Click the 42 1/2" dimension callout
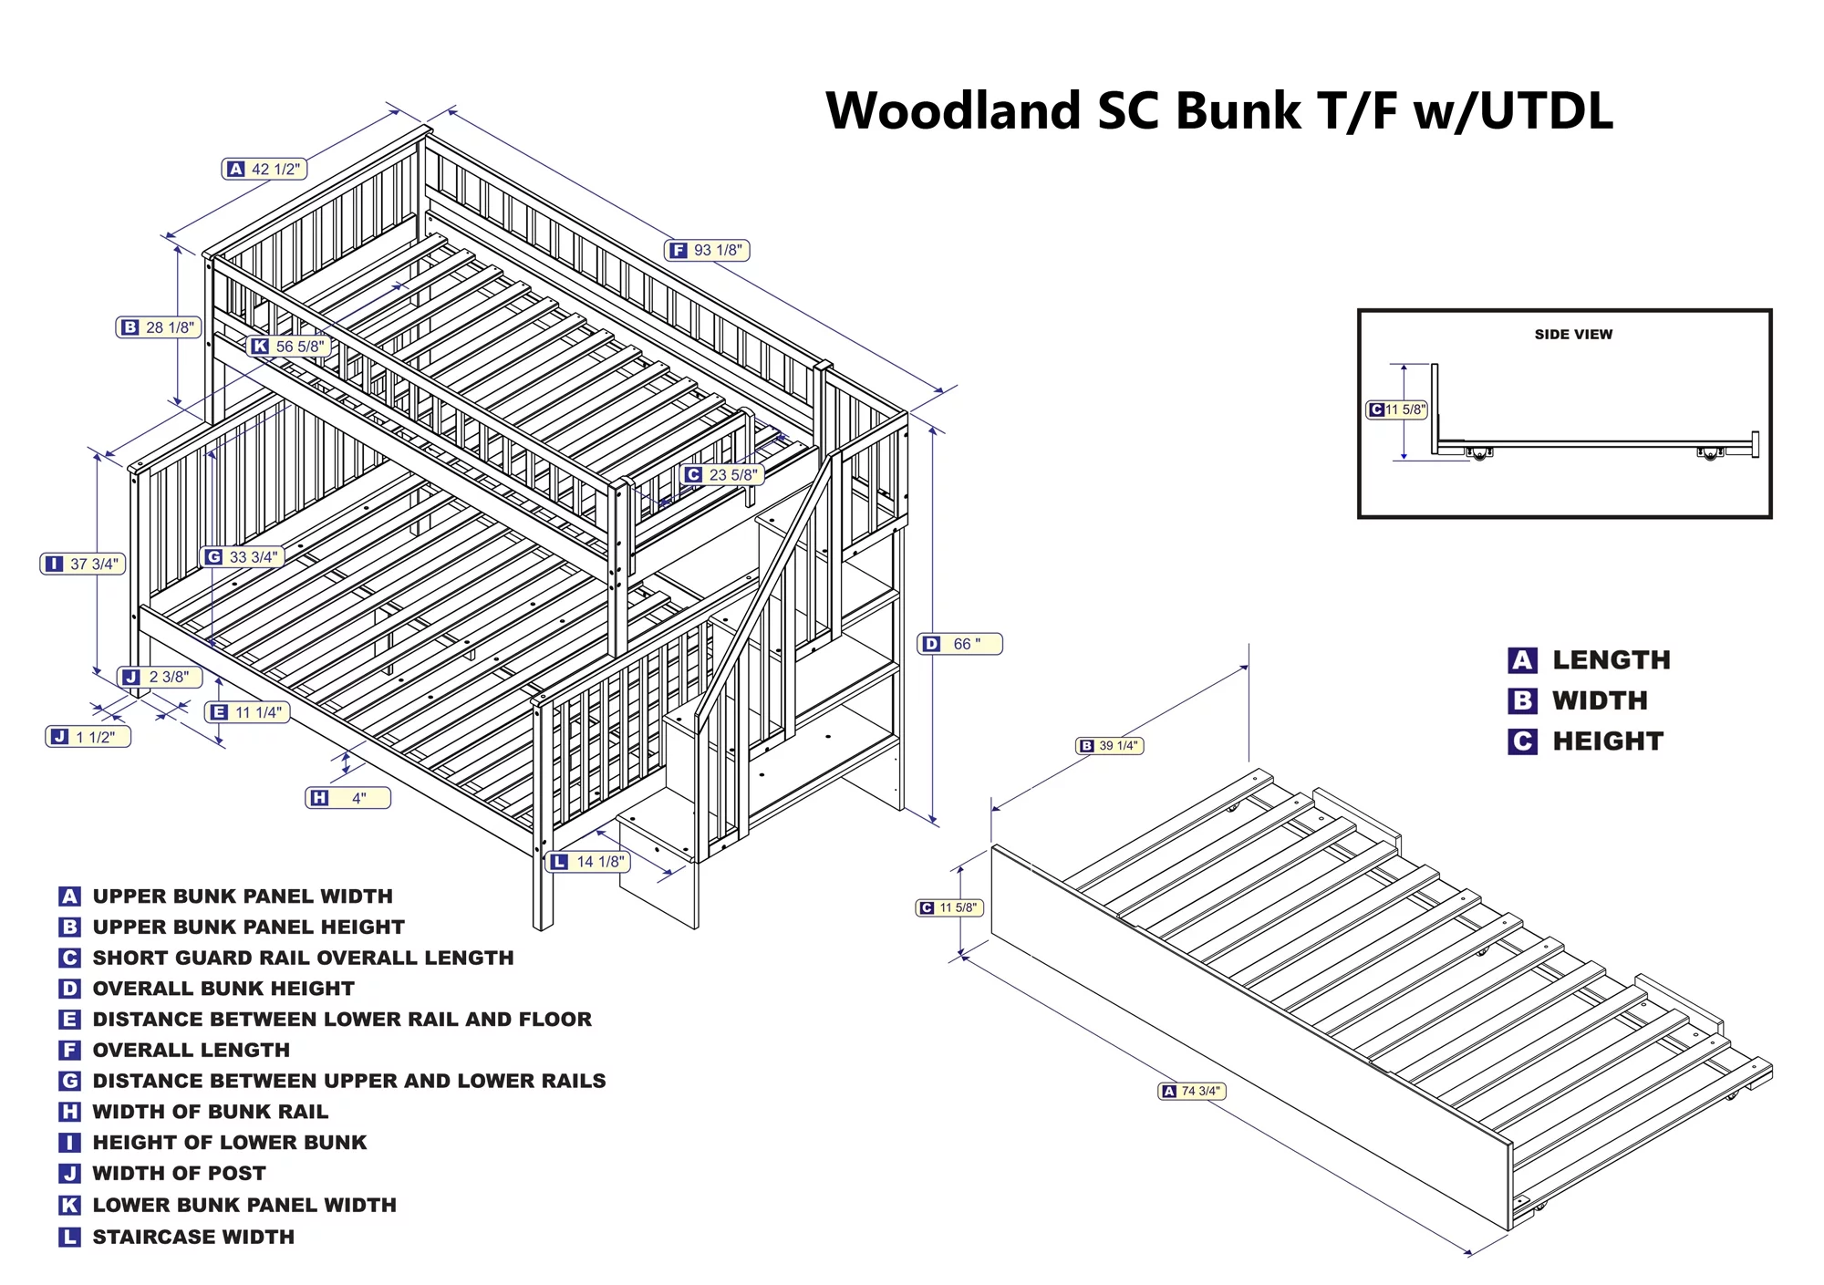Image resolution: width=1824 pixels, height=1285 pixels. click(x=264, y=169)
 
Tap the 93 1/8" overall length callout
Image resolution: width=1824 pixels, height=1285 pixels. click(x=708, y=250)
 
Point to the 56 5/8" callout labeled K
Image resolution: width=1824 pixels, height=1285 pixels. click(x=289, y=347)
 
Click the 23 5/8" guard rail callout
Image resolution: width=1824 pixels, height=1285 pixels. click(x=722, y=474)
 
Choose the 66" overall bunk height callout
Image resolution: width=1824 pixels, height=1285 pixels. click(x=959, y=644)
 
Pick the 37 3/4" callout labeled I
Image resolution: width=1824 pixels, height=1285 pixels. click(x=83, y=564)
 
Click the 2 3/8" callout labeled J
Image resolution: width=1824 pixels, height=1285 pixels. click(x=160, y=677)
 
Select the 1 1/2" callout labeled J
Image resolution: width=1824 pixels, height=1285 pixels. click(x=88, y=737)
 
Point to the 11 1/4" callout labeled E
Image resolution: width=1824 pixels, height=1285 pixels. click(x=247, y=712)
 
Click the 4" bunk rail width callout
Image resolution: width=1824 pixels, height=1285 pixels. click(x=347, y=798)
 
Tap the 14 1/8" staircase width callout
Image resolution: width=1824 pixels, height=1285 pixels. click(x=588, y=861)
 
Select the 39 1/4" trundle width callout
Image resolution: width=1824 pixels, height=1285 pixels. click(x=1110, y=746)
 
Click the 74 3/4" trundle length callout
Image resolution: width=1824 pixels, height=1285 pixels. click(x=1191, y=1091)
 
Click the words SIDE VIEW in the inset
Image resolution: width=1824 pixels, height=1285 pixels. click(x=1573, y=335)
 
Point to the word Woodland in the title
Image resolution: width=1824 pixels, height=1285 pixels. click(x=953, y=111)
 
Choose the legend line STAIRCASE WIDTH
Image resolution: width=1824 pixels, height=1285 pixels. click(x=193, y=1237)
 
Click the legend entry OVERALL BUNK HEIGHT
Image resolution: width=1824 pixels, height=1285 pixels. click(x=223, y=989)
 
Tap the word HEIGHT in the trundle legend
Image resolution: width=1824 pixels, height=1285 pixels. click(x=1608, y=741)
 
